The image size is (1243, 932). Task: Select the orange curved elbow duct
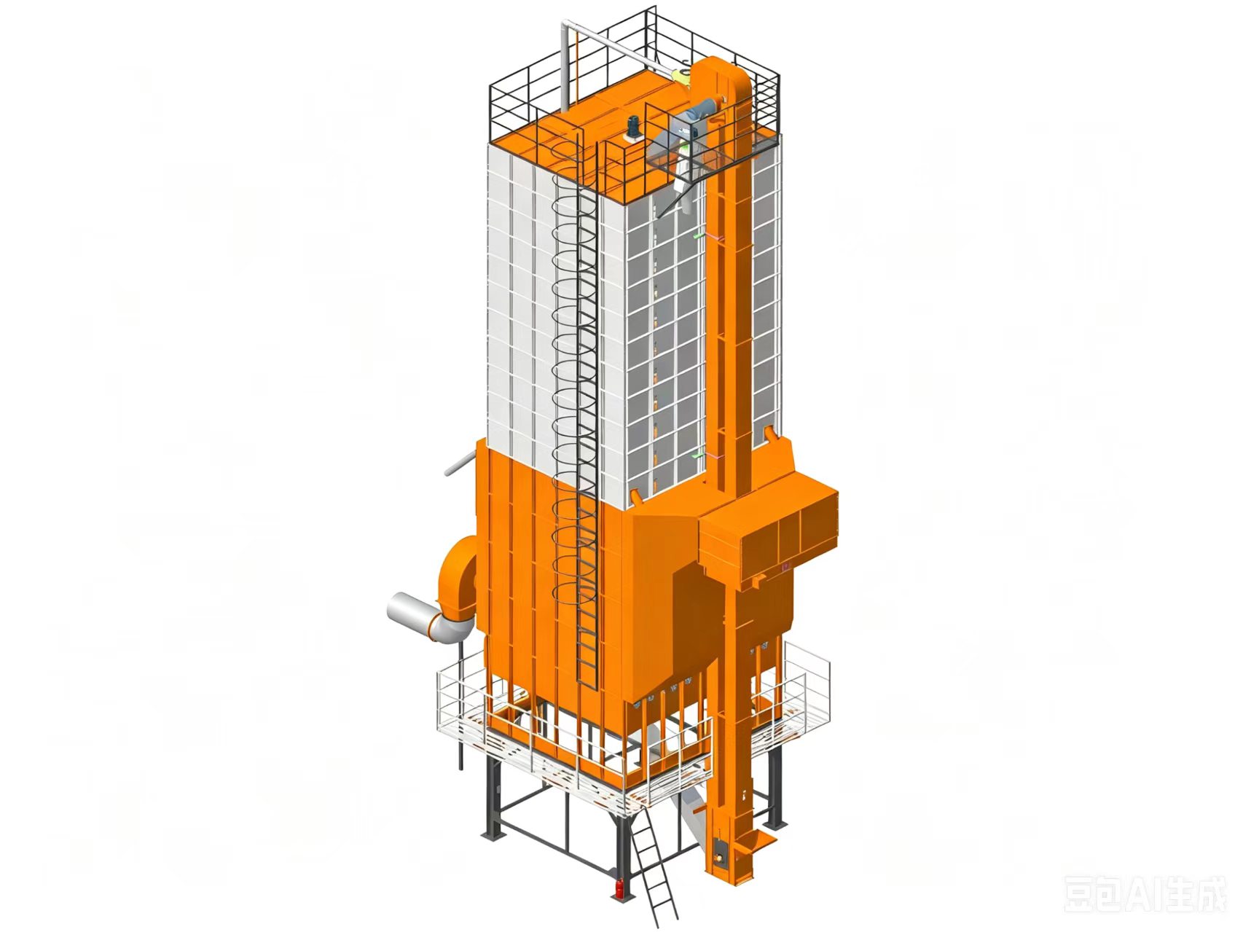458,583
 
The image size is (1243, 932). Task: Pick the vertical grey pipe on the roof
566,66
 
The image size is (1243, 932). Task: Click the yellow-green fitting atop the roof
681,76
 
